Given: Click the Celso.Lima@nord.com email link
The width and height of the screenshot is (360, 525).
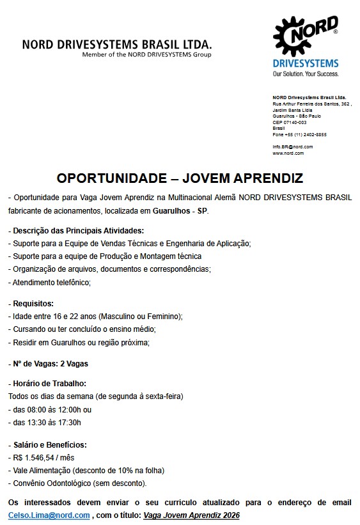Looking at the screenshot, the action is (x=49, y=515).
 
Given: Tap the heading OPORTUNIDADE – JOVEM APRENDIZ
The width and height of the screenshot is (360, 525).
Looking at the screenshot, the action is (x=180, y=177).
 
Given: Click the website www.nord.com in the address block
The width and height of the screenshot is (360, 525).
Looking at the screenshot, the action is (x=288, y=153).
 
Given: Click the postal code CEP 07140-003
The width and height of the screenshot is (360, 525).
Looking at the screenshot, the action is (x=289, y=122).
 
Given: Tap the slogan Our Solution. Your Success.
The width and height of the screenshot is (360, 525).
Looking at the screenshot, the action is (x=305, y=74).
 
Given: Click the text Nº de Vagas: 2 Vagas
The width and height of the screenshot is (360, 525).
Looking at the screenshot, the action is (x=48, y=364).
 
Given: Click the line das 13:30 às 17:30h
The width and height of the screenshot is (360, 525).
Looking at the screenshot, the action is (x=45, y=422).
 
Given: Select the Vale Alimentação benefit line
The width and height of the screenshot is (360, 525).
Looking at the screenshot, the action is (x=86, y=470).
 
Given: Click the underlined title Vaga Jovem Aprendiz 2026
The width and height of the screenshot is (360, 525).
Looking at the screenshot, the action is (x=191, y=515).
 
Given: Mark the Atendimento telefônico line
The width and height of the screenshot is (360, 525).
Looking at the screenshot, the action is (x=49, y=282).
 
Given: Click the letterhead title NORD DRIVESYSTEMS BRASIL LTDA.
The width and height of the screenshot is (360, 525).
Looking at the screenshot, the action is (x=116, y=45).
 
